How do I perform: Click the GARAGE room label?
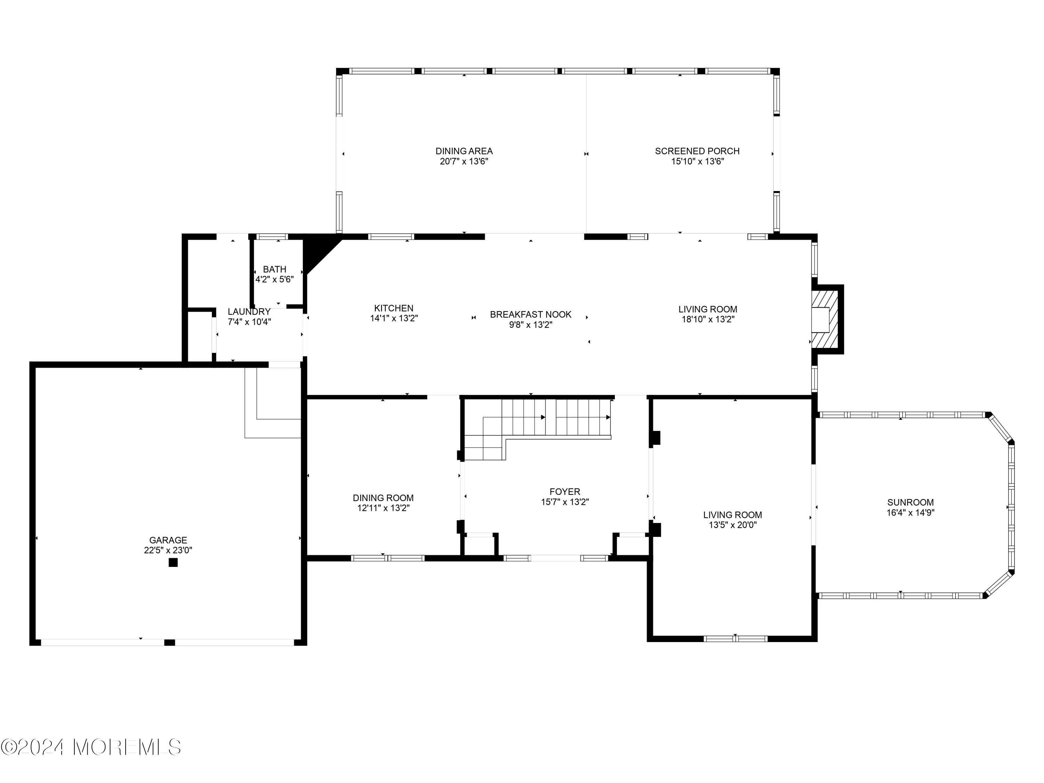(168, 540)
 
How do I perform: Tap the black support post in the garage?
(173, 562)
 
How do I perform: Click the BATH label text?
(274, 269)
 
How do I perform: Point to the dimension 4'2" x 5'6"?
(275, 279)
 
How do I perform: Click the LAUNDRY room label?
(249, 311)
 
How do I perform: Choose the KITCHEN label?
(394, 308)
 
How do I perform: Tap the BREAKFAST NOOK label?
(530, 314)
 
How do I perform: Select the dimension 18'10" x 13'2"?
(707, 319)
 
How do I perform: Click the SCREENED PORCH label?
(697, 151)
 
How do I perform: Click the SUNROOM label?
(910, 502)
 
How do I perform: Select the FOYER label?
(564, 491)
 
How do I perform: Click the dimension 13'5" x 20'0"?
(733, 525)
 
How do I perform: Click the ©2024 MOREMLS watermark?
(90, 747)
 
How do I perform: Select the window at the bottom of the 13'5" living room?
(735, 639)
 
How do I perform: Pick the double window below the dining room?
(387, 558)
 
